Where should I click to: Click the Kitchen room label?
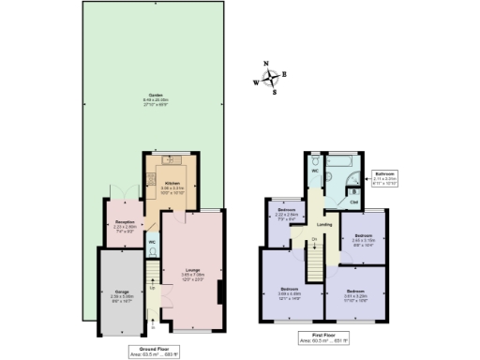(172, 186)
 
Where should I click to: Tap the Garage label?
(122, 294)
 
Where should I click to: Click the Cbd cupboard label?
(353, 200)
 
